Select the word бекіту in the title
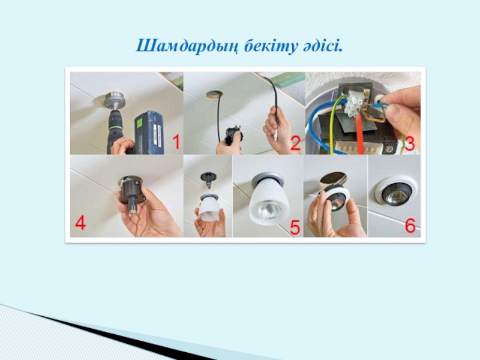271,46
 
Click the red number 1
176,142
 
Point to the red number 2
295,143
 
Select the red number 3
410,143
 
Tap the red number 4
80,223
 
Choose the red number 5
295,227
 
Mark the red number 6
410,226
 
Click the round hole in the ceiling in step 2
214,94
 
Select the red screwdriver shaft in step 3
359,134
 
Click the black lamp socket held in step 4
130,192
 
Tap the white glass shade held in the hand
209,209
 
